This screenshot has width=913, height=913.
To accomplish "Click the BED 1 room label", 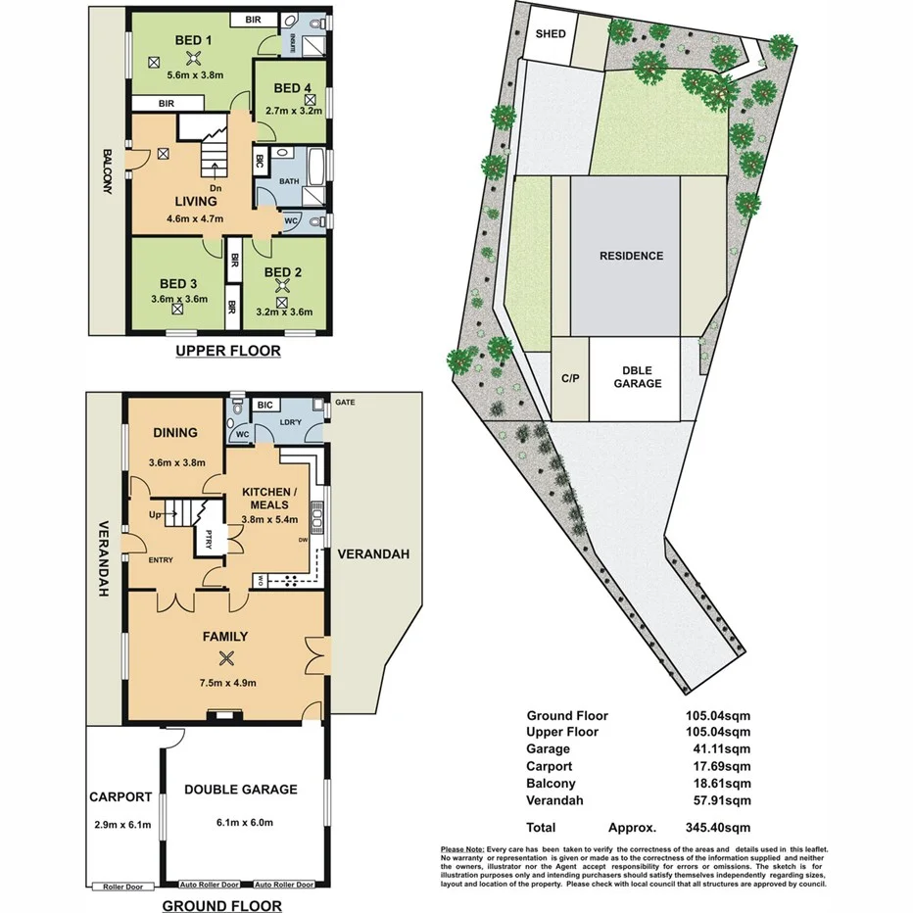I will pos(193,40).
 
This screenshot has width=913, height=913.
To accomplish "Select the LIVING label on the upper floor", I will pos(195,202).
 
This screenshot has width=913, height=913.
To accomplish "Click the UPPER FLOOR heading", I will pos(228,351).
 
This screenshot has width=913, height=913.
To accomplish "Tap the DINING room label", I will pos(175,432).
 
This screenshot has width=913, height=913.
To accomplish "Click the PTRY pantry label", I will pos(209,539).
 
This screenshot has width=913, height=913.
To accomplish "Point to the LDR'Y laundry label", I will pos(291,421).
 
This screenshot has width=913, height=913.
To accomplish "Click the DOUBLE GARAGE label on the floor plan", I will pos(241,789).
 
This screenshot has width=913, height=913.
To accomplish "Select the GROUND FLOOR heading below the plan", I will pos(221,905).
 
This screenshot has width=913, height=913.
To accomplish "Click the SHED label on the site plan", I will pos(551,33).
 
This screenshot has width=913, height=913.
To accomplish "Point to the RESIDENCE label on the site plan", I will pos(632,256).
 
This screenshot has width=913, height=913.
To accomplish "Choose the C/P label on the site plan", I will pos(568,376).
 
